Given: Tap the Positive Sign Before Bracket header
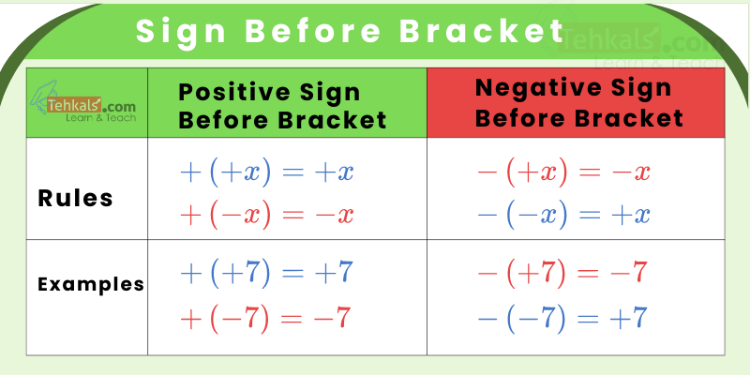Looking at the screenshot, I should pyautogui.click(x=282, y=105).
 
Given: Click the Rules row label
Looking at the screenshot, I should pyautogui.click(x=76, y=198).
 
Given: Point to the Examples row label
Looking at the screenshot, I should pyautogui.click(x=91, y=284).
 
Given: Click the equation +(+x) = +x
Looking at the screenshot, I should pyautogui.click(x=266, y=172).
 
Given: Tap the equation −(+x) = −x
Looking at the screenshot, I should pyautogui.click(x=563, y=172).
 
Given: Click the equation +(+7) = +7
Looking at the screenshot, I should pyautogui.click(x=266, y=273).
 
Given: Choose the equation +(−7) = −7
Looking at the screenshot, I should pyautogui.click(x=266, y=317).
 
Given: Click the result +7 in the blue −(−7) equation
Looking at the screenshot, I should pyautogui.click(x=628, y=317).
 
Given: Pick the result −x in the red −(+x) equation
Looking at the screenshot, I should pyautogui.click(x=630, y=172).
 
